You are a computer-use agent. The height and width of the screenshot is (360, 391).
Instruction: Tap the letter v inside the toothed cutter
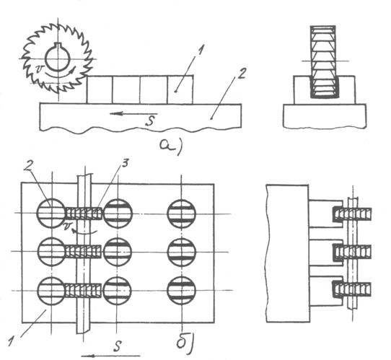pyautogui.click(x=40, y=69)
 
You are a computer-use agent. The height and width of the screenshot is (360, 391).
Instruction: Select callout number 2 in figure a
pyautogui.click(x=242, y=74)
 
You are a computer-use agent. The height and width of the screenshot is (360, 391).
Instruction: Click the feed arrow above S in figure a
pyautogui.click(x=133, y=114)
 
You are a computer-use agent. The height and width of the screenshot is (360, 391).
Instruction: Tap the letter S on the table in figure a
pyautogui.click(x=150, y=121)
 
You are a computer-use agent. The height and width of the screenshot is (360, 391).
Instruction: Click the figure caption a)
pyautogui.click(x=171, y=146)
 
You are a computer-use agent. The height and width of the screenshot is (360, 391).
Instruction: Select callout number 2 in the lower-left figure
pyautogui.click(x=28, y=166)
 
